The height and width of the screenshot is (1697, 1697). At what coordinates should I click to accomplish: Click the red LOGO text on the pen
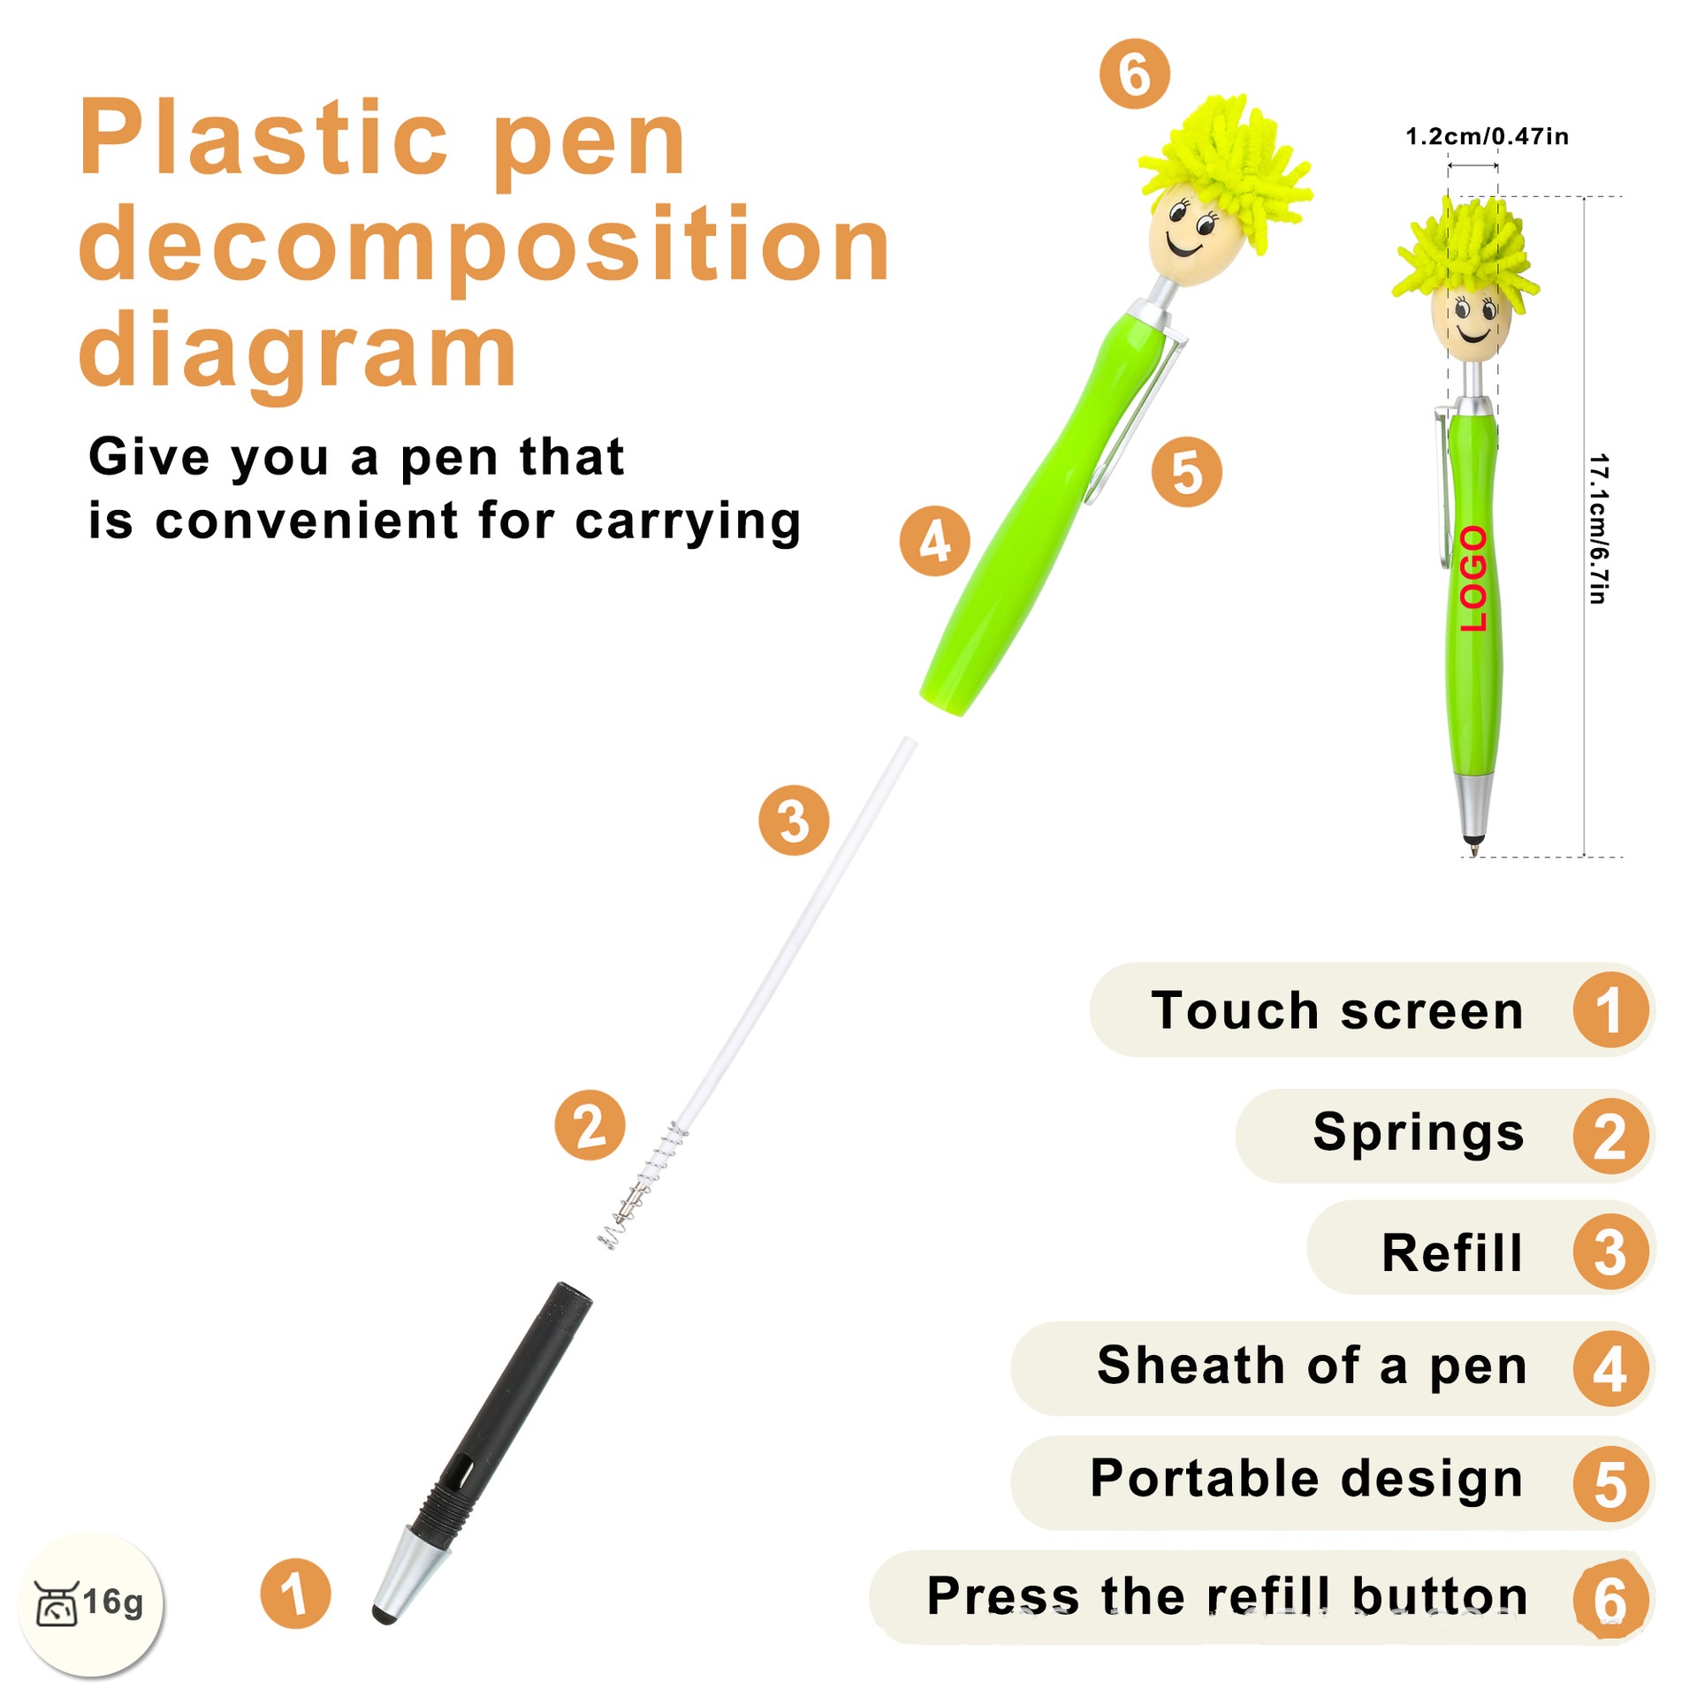click(x=1473, y=579)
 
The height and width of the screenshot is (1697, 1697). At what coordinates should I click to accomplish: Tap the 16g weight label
click(x=113, y=1601)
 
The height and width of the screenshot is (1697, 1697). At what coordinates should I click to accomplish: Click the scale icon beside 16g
click(x=57, y=1602)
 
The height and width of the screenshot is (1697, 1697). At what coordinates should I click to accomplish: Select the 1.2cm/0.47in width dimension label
click(x=1487, y=136)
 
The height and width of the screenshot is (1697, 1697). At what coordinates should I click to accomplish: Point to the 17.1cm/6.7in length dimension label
click(x=1598, y=529)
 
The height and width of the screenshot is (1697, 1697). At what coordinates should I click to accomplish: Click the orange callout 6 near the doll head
click(x=1134, y=74)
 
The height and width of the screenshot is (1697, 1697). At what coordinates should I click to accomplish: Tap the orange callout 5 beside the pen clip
click(x=1187, y=472)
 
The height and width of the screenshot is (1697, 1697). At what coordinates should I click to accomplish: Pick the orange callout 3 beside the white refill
click(x=794, y=820)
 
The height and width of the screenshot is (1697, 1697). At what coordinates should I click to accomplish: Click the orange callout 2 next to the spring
click(x=590, y=1125)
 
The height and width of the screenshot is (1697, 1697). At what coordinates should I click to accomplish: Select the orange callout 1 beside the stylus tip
click(x=295, y=1594)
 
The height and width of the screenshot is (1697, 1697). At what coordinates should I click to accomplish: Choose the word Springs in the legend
click(x=1419, y=1133)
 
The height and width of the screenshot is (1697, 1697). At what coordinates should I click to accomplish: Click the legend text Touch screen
click(x=1337, y=1010)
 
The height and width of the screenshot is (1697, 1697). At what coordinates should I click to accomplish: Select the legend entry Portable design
click(x=1306, y=1480)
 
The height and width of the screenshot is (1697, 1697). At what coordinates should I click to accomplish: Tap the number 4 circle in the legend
click(x=1610, y=1368)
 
